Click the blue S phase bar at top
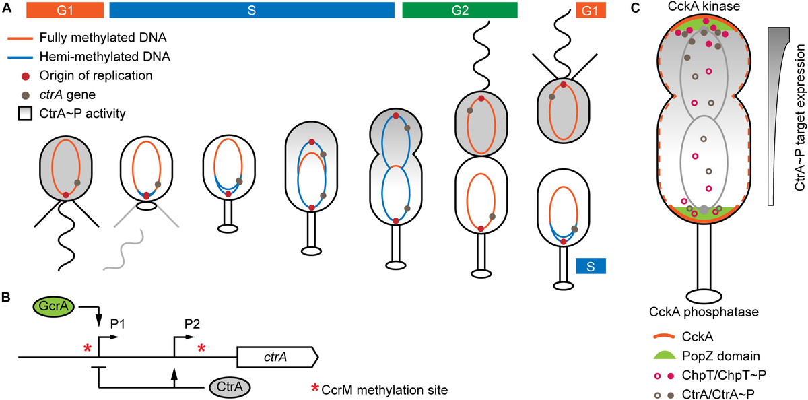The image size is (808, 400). (x=251, y=10)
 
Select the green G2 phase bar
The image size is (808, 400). (x=459, y=10)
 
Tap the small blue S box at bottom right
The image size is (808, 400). (x=591, y=267)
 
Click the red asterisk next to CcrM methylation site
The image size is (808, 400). (x=314, y=389)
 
